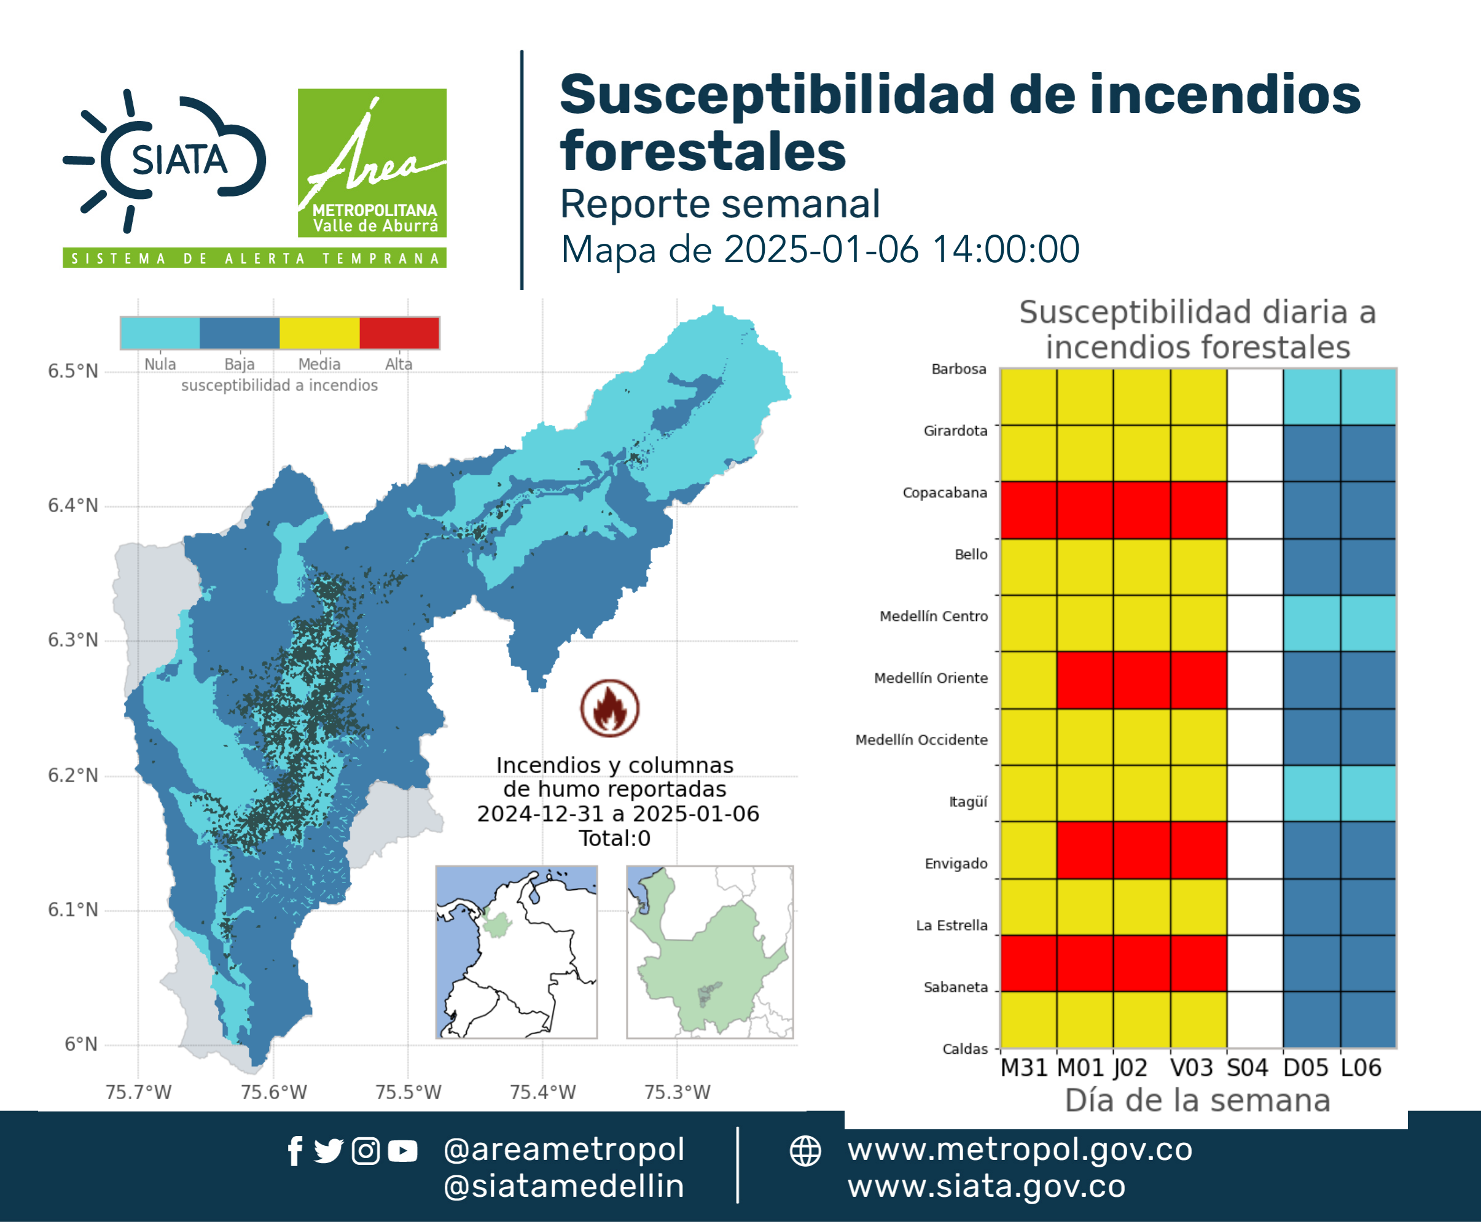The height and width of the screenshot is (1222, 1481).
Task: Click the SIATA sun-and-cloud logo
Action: pyautogui.click(x=165, y=160)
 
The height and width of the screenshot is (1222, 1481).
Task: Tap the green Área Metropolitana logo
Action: pyautogui.click(x=372, y=163)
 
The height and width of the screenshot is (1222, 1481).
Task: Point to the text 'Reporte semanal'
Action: pyautogui.click(x=720, y=204)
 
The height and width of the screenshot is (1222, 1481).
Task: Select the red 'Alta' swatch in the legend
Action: pyautogui.click(x=399, y=333)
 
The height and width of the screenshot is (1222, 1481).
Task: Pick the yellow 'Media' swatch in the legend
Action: pyautogui.click(x=319, y=333)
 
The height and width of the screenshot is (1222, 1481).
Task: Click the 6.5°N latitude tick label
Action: pyautogui.click(x=72, y=371)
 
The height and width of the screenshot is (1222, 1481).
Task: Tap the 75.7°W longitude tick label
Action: pyautogui.click(x=138, y=1092)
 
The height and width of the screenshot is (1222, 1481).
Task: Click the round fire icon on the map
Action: pyautogui.click(x=610, y=707)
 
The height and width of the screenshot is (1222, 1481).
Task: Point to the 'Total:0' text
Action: pyautogui.click(x=614, y=838)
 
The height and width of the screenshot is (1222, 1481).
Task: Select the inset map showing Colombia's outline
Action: pyautogui.click(x=516, y=952)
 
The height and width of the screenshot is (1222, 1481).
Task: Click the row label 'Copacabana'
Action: pyautogui.click(x=945, y=492)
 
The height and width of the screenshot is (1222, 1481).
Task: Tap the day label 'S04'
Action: pyautogui.click(x=1247, y=1068)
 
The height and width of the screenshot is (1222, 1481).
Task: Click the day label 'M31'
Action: pyautogui.click(x=1024, y=1068)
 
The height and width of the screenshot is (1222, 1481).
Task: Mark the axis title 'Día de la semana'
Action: pyautogui.click(x=1197, y=1100)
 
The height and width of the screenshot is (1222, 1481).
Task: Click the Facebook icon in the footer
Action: pyautogui.click(x=295, y=1151)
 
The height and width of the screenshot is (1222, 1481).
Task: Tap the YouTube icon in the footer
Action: pyautogui.click(x=402, y=1151)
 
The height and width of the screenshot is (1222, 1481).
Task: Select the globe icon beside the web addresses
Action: pyautogui.click(x=805, y=1151)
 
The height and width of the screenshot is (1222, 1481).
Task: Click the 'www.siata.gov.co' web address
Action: pyautogui.click(x=986, y=1187)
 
